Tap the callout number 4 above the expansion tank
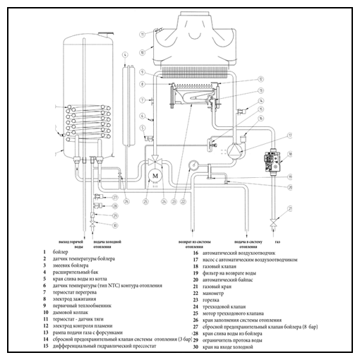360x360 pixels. tap(124, 54)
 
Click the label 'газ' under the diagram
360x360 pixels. tap(277, 242)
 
